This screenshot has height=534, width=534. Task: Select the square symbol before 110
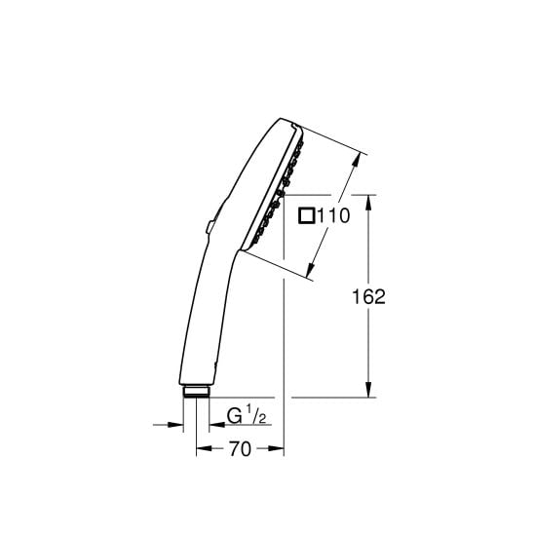coord(307,218)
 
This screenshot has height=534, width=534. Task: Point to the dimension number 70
coord(240,449)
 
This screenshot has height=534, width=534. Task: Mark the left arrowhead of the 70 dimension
coord(203,449)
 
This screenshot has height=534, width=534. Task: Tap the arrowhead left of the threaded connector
coord(177,425)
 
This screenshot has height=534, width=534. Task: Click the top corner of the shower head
coord(291,126)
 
